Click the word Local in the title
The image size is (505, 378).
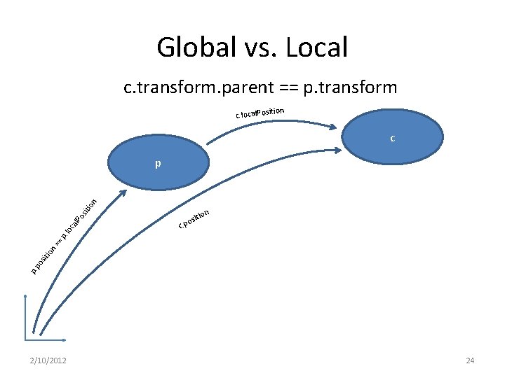coord(318,48)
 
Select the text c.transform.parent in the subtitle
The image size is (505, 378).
coord(187,88)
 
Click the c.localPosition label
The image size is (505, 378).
coord(260,112)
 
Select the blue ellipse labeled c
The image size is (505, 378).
coord(393,138)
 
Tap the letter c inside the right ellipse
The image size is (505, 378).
coord(393,139)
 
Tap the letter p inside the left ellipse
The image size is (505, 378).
coord(159,164)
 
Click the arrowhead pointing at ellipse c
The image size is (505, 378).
coord(335,127)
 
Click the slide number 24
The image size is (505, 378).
coord(470,360)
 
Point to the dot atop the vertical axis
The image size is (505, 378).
coord(25,297)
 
